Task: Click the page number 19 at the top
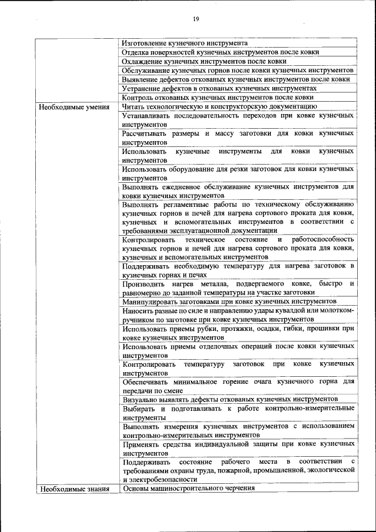(196, 19)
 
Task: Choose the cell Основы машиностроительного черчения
(189, 488)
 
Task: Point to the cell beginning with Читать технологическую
(220, 106)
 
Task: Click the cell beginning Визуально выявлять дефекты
(230, 399)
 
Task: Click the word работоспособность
(323, 240)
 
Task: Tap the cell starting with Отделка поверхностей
(221, 52)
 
